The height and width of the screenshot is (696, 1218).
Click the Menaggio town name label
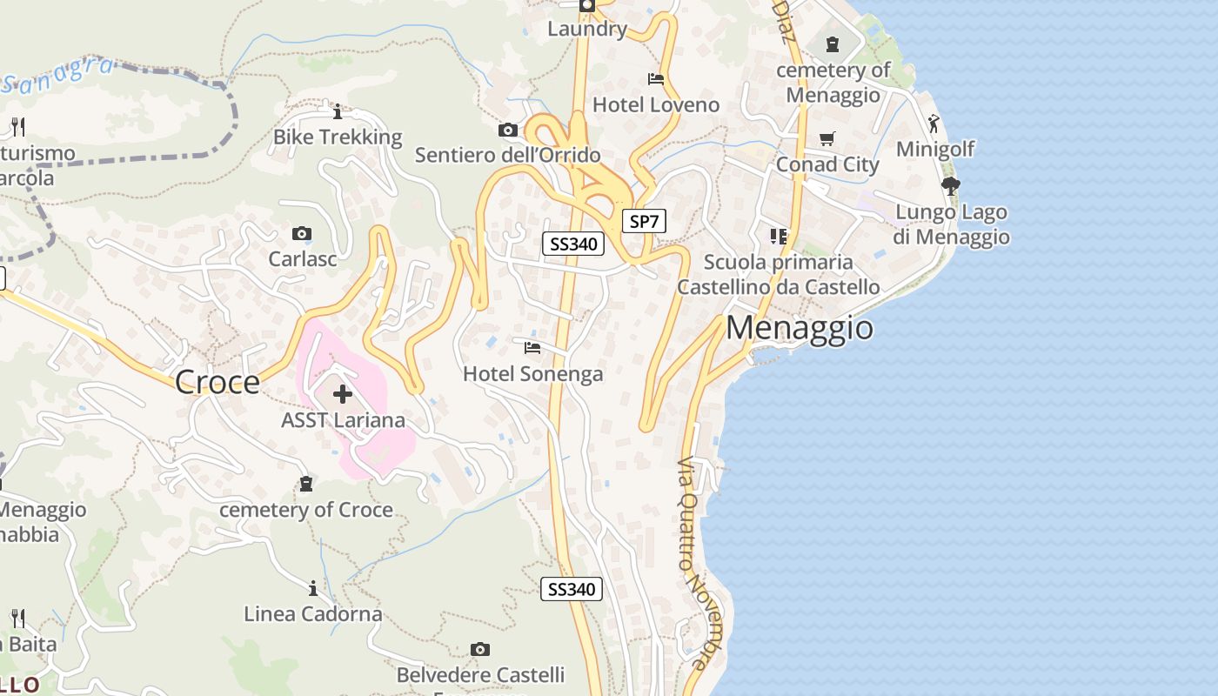tap(800, 328)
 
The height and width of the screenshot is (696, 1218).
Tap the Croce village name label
tap(217, 382)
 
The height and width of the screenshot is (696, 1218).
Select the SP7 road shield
tap(644, 221)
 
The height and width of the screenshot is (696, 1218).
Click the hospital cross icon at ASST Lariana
tap(343, 394)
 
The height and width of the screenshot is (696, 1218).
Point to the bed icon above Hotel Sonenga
tap(532, 348)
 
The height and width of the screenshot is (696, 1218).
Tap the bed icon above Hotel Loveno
tap(656, 79)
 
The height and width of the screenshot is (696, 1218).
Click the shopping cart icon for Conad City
tap(827, 138)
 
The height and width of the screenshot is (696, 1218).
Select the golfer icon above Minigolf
tap(934, 124)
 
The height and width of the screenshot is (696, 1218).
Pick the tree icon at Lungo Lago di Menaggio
tap(951, 185)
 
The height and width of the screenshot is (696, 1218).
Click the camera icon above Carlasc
tap(302, 233)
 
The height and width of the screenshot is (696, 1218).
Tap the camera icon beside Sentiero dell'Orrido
tap(508, 130)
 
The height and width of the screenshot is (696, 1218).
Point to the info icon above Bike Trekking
tap(338, 111)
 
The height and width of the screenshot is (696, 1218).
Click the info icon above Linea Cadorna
tap(312, 588)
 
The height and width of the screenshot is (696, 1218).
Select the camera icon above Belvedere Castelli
tap(480, 649)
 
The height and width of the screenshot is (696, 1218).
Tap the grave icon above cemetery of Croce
tap(306, 484)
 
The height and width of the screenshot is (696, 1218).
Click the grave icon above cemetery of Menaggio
tap(833, 43)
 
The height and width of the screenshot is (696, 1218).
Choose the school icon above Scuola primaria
tap(779, 236)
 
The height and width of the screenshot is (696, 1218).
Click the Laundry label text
tap(587, 29)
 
